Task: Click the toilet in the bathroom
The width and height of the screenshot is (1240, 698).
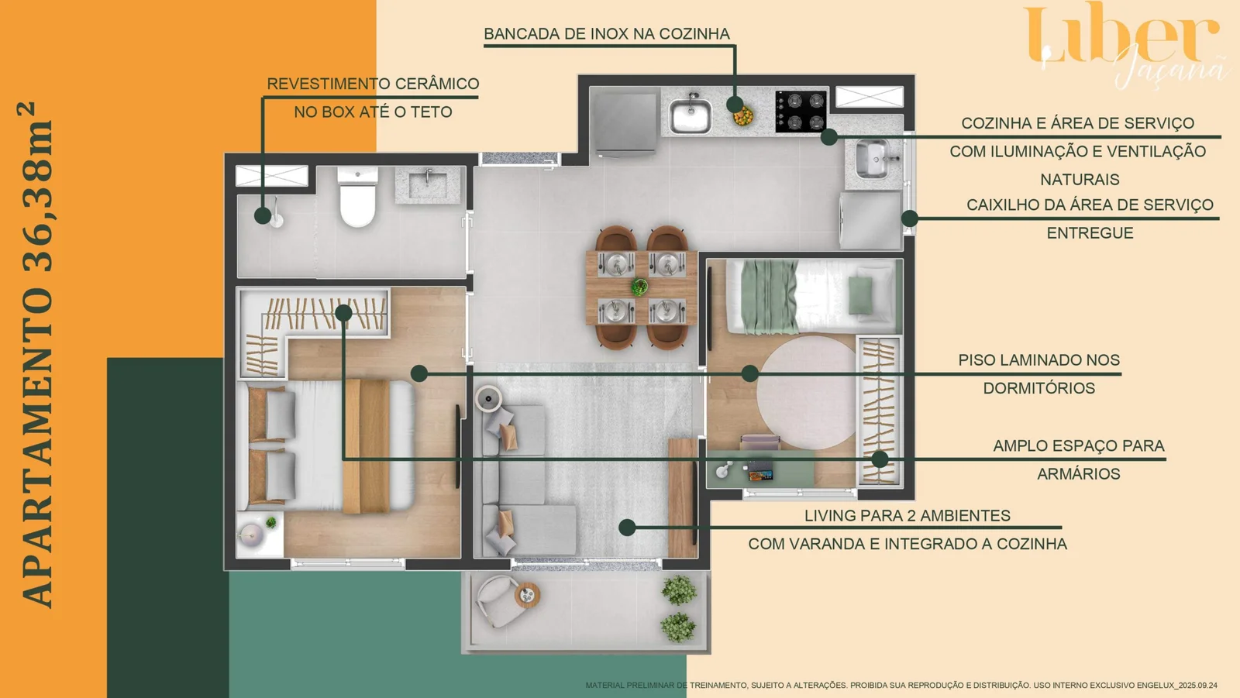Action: [357, 198]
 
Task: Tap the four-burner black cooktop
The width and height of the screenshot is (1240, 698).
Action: [801, 111]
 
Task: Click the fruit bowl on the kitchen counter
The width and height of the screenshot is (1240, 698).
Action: [743, 116]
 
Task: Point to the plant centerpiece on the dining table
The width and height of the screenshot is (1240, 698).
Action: [639, 287]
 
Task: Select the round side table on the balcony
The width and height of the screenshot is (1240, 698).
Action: [527, 595]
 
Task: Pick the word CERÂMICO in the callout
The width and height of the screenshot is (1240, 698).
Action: [437, 84]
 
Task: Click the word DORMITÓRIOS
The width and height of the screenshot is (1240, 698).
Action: [1038, 388]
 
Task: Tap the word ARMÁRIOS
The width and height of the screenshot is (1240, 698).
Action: [1078, 474]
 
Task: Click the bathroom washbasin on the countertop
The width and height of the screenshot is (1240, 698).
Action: [428, 184]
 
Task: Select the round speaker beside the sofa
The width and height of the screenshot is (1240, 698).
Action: [488, 399]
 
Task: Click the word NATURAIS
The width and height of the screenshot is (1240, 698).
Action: [1079, 180]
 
